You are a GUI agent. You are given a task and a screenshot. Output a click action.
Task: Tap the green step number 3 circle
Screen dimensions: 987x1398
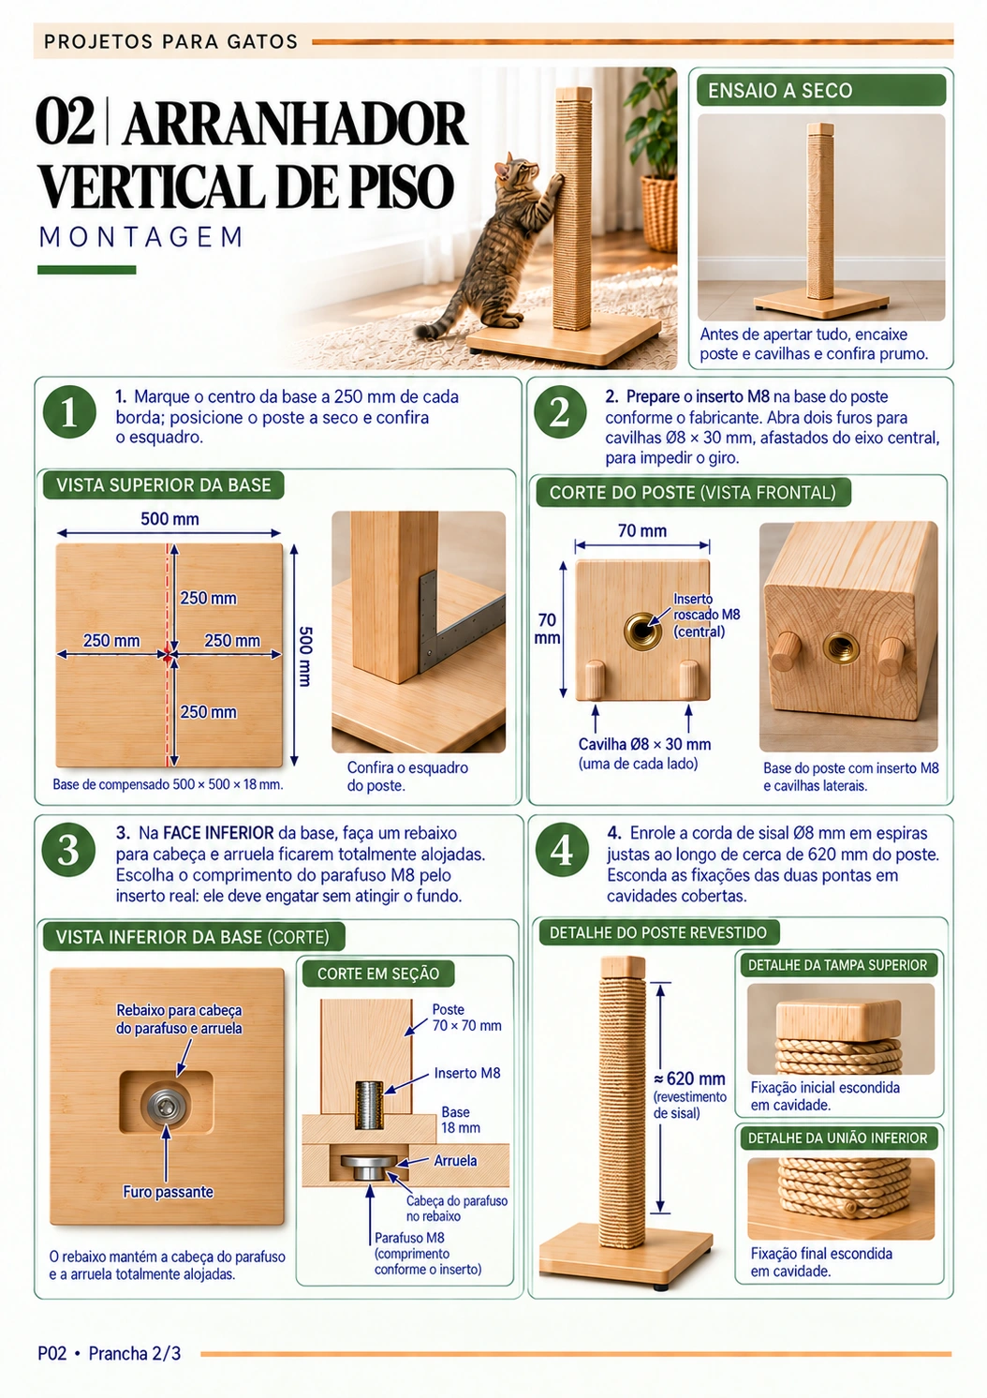click(x=68, y=851)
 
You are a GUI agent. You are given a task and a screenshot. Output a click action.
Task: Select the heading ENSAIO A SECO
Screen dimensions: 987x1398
click(x=780, y=91)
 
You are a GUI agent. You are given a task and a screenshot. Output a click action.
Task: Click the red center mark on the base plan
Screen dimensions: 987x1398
click(x=168, y=655)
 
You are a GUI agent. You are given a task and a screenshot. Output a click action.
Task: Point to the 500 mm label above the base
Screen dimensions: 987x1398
click(x=169, y=519)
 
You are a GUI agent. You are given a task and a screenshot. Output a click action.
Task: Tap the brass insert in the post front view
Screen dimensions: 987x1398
click(x=642, y=631)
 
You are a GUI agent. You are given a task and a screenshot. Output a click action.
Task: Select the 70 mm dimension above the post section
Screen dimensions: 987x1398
click(x=642, y=531)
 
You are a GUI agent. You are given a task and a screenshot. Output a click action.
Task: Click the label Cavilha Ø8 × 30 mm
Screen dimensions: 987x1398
click(x=644, y=744)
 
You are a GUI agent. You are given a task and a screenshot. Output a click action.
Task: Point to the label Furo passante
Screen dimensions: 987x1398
click(x=168, y=1192)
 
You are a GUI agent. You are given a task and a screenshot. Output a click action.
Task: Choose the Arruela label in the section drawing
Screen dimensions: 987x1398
click(x=455, y=1161)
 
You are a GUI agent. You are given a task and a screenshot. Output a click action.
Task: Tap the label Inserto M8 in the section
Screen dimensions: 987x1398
click(x=467, y=1073)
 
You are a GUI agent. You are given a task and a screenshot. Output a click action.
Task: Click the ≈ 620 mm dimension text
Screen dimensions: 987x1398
click(x=690, y=1078)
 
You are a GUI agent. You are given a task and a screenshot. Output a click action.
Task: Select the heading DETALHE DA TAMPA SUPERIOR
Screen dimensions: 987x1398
click(x=837, y=965)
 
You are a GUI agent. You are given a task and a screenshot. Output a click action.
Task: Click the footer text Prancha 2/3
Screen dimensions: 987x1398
click(x=135, y=1353)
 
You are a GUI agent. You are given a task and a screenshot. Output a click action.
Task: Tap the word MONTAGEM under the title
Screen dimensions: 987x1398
click(x=141, y=237)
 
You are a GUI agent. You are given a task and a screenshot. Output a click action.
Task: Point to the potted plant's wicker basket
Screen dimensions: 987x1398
click(x=659, y=212)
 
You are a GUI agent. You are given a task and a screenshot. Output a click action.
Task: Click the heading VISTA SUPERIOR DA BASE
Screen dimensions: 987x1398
click(x=164, y=485)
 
